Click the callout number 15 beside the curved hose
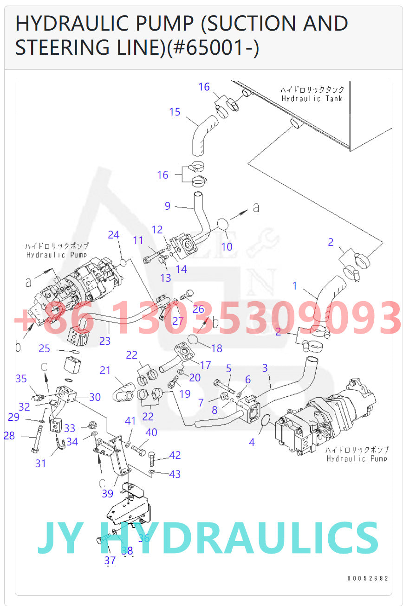coord(175,112)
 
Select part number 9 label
coord(168,206)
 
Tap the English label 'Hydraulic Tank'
coord(312,98)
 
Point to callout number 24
coord(113,235)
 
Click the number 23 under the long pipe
coord(105,341)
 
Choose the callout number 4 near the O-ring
coord(252,442)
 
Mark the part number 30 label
coord(95,397)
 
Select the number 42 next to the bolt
coord(175,455)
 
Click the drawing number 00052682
coord(368,578)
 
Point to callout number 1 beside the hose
coord(294,286)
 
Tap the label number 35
coord(21,379)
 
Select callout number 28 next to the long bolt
coord(9,436)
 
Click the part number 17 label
coord(206,366)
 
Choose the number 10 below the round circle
coord(227,246)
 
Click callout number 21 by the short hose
coord(105,370)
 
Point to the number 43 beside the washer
coord(175,474)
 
